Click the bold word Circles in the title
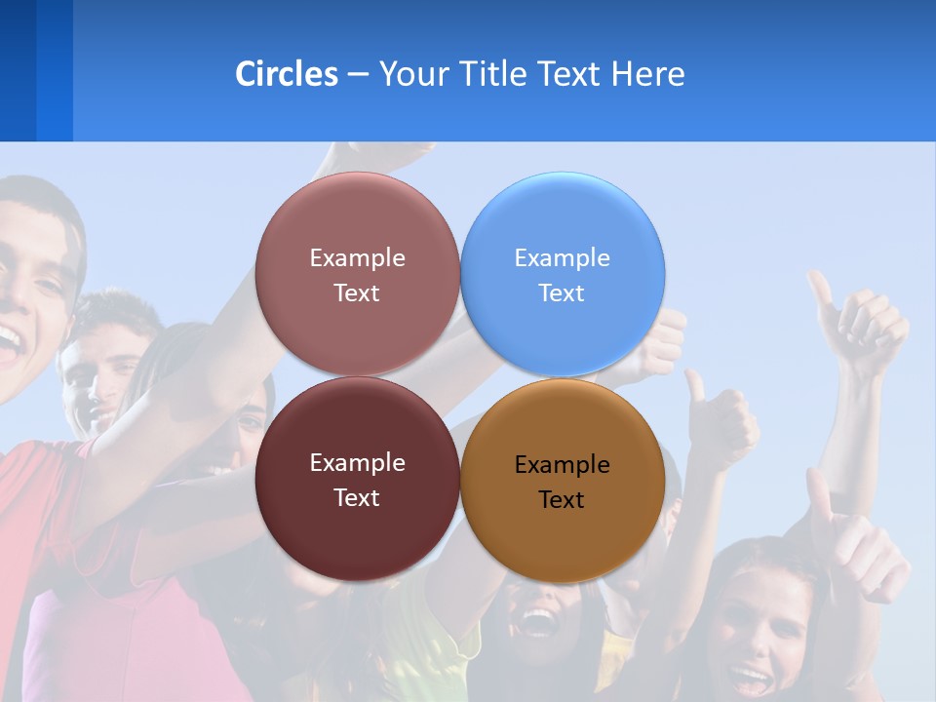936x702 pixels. click(286, 74)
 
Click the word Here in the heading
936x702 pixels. click(647, 74)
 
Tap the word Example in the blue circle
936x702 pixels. click(562, 258)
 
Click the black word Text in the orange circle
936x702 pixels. click(562, 500)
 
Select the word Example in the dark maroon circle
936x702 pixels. click(357, 463)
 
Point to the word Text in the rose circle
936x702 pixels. click(357, 293)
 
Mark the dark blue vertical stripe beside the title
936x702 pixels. click(19, 70)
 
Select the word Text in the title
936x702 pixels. click(570, 74)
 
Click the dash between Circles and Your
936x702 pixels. click(358, 75)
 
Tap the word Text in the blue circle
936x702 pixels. click(562, 293)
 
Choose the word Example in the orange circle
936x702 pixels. click(562, 465)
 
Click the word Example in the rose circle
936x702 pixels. click(357, 258)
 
